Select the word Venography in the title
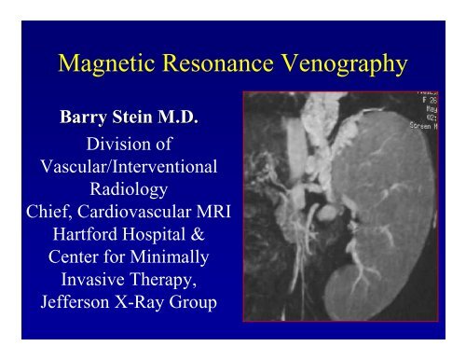344,64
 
